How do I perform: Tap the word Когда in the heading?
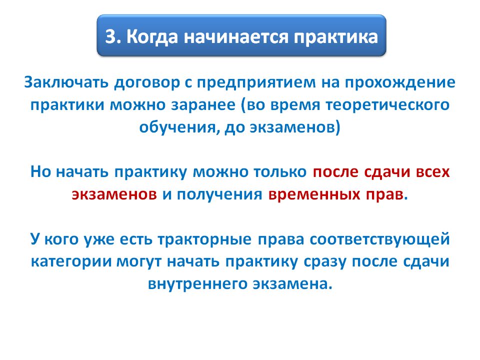pos(152,37)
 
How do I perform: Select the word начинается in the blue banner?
pos(236,37)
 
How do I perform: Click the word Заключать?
pos(66,82)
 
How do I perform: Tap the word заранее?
pos(203,105)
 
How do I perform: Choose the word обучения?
pos(179,127)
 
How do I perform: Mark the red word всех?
pos(432,172)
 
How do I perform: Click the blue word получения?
pos(219,195)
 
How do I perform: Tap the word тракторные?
pos(204,239)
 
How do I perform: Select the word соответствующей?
pos(379,239)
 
